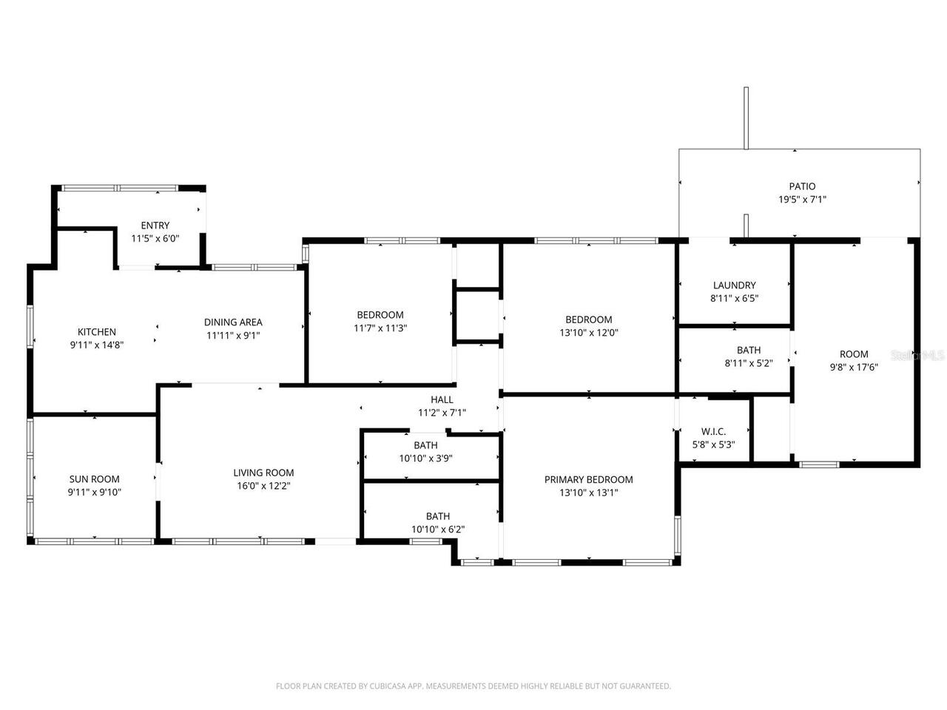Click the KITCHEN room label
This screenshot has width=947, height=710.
[97, 332]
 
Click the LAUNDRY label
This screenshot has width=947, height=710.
[734, 285]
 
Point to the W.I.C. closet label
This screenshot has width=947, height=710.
[713, 431]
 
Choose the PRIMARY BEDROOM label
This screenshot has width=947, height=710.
[588, 479]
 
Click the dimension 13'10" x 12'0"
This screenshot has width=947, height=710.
[588, 333]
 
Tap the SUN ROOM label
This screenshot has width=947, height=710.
[95, 479]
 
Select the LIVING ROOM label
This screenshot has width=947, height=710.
[263, 473]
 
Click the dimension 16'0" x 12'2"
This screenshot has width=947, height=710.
[263, 486]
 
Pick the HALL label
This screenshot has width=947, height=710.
[442, 400]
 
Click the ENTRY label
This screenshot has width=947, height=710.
[155, 226]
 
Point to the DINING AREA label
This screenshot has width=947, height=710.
[233, 322]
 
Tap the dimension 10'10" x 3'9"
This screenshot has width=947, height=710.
[425, 458]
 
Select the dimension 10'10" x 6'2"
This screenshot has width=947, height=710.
[437, 529]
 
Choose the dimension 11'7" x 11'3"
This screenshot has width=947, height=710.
[380, 328]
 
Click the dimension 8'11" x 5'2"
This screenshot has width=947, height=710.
[748, 363]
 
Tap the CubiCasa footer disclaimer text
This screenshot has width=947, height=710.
[473, 686]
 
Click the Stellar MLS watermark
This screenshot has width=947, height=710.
[917, 355]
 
